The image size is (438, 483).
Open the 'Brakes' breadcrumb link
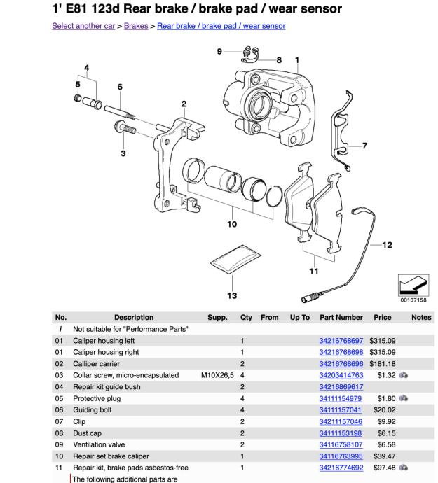[x=136, y=26]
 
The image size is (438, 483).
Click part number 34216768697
[x=341, y=340]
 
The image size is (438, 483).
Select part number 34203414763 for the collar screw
[x=341, y=375]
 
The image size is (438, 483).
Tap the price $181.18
[x=383, y=363]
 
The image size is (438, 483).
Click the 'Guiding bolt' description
[x=90, y=410]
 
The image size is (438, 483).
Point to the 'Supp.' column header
[x=217, y=317]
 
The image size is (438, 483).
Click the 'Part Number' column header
[x=341, y=317]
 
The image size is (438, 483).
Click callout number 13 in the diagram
[x=232, y=296]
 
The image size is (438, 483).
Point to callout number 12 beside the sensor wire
[x=388, y=245]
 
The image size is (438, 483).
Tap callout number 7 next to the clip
[x=364, y=146]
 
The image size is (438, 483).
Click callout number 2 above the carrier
[x=184, y=104]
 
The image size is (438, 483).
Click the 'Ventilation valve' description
[x=96, y=444]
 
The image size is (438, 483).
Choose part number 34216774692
[x=341, y=468]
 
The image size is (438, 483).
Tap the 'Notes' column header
[x=421, y=317]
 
